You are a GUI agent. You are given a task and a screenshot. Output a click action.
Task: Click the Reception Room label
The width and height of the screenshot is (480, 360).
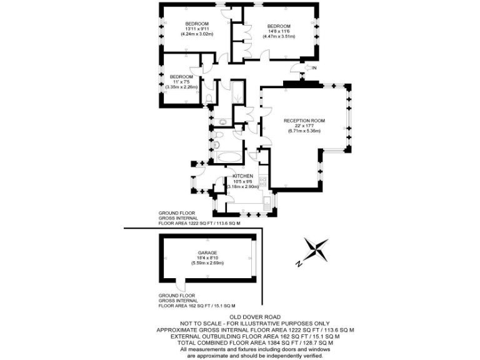tap(304, 120)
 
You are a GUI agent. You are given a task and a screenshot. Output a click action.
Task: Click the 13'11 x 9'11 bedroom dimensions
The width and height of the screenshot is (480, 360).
tap(197, 29)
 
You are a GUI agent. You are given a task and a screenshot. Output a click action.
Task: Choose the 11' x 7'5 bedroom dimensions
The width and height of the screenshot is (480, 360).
tap(181, 82)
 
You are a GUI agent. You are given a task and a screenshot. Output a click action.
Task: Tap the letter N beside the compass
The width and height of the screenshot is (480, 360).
tap(299, 264)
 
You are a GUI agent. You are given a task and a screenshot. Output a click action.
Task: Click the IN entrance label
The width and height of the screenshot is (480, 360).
tap(315, 67)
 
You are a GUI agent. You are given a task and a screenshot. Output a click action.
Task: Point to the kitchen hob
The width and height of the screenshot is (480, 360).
tap(263, 181)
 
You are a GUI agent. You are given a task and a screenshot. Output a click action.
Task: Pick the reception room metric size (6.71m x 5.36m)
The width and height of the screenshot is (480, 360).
tap(304, 131)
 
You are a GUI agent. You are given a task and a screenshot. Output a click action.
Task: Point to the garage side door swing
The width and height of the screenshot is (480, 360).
tap(182, 285)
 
